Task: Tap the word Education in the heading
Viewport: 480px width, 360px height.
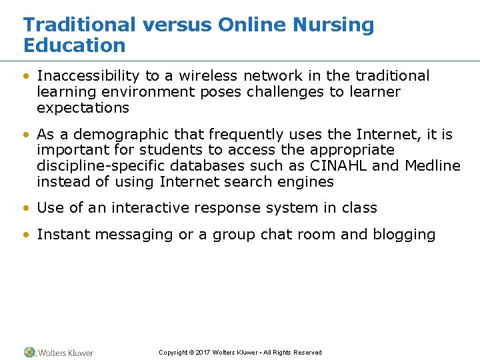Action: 74,46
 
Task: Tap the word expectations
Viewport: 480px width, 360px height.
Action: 83,108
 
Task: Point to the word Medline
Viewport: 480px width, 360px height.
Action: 433,166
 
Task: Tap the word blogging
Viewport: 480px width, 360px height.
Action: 405,235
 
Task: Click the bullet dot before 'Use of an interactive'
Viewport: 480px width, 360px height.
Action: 27,209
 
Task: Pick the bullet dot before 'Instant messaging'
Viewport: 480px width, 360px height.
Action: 27,235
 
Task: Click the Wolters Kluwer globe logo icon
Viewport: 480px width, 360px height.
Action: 30,352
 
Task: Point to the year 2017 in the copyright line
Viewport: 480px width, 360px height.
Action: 204,353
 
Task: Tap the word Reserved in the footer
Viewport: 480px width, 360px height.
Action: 307,353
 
